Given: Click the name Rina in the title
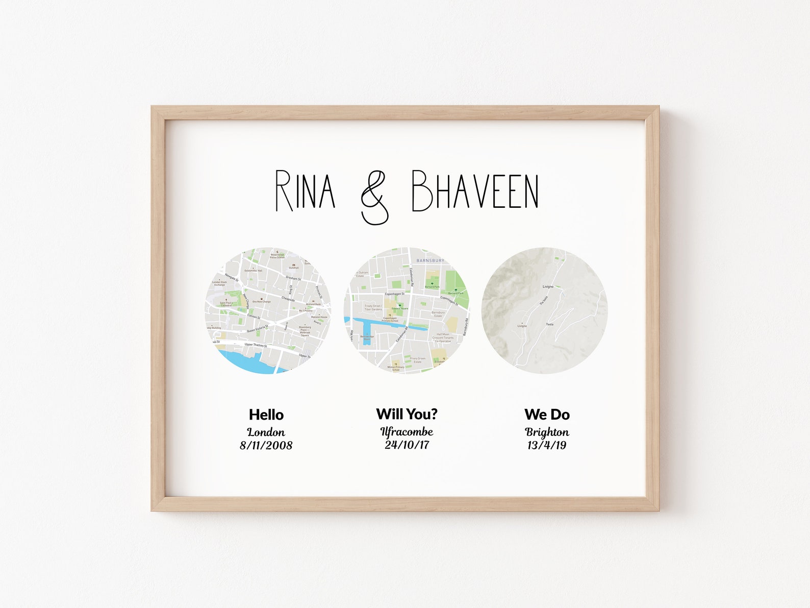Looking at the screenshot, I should point(305,191).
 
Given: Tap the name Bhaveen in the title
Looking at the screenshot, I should point(474,191).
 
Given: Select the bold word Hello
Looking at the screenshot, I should point(266,415).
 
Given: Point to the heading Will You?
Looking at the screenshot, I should point(407,414).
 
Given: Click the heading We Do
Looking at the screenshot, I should point(547,415).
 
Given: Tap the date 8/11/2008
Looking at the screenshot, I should point(266,445).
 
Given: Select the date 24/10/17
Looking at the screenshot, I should point(407,445).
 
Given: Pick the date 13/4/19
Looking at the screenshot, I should point(547,445).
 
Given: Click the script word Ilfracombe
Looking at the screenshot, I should point(407,432).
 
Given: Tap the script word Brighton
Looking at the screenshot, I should point(547,432).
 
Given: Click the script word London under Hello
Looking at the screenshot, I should point(266,432).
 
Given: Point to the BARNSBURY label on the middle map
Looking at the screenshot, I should point(430,261).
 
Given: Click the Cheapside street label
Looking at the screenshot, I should point(288,299).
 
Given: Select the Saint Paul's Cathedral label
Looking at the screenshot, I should point(226,304).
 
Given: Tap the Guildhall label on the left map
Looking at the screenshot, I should point(294,267).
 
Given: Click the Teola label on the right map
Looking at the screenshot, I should point(549,324).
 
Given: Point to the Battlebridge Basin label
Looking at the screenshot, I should point(367,337).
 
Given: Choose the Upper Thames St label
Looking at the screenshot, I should point(256,345).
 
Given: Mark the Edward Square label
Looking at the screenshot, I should point(399,308).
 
